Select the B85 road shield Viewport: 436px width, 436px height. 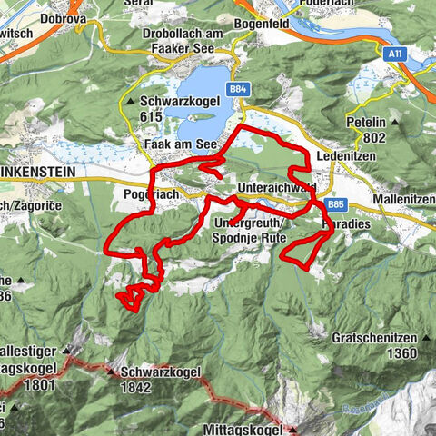335,204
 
